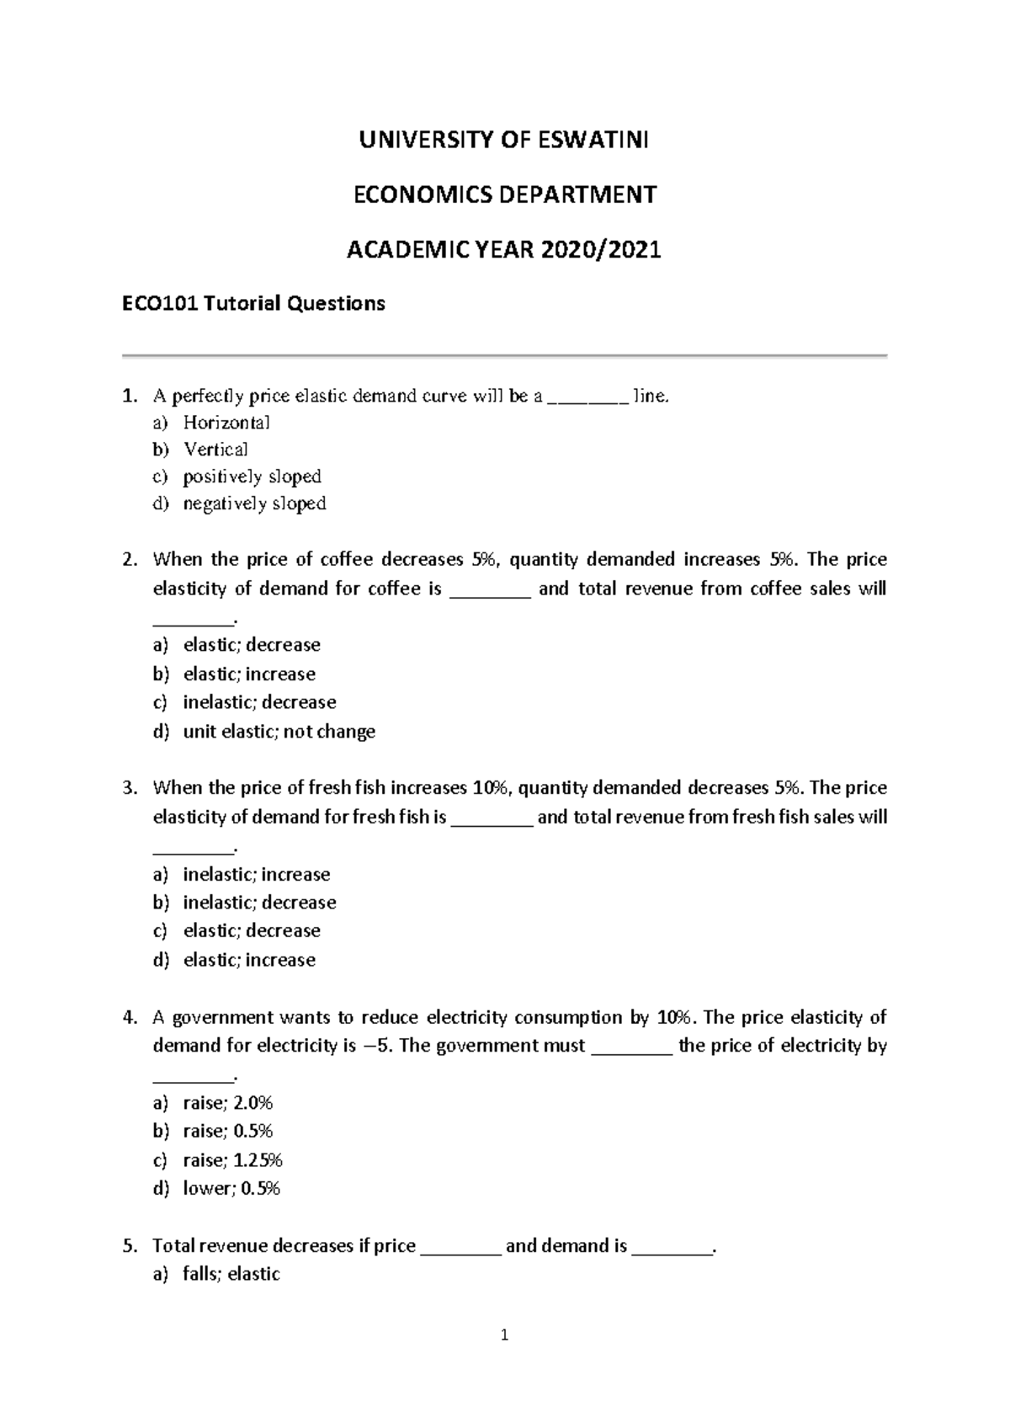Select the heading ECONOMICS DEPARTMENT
(x=504, y=194)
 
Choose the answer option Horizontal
(x=226, y=422)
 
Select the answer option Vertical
(x=215, y=449)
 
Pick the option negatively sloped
(x=254, y=504)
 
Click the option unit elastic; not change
(x=279, y=732)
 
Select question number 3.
(x=129, y=788)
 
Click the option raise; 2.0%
(x=227, y=1103)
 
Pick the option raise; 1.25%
(x=232, y=1160)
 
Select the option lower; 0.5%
(x=231, y=1189)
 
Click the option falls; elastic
(x=231, y=1274)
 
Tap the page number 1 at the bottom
(x=504, y=1335)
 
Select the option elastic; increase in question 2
(x=249, y=674)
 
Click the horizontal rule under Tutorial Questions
(x=504, y=356)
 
